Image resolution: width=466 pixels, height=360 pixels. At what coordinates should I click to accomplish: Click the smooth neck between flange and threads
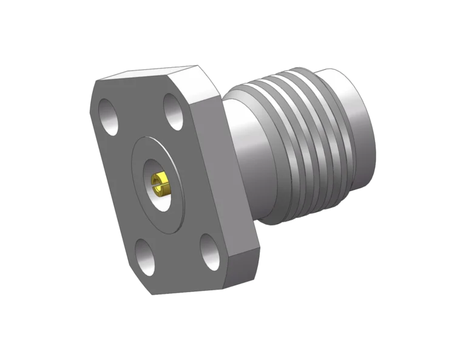point(243,146)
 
